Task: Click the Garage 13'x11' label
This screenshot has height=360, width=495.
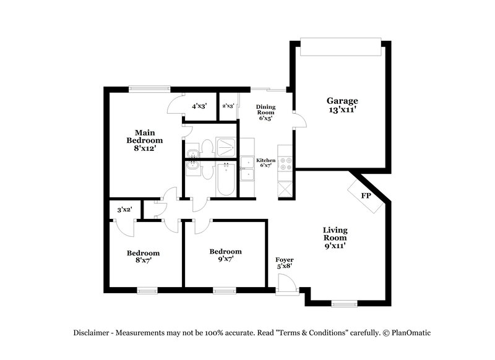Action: click(342, 105)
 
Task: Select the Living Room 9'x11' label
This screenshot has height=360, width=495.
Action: click(334, 238)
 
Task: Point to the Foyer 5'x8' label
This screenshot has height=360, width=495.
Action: click(285, 263)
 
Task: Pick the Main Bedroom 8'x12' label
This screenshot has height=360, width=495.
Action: click(145, 140)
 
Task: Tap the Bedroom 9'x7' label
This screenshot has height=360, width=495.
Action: click(225, 255)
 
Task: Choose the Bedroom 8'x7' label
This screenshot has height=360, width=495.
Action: click(144, 256)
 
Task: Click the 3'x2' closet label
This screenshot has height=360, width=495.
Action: click(125, 210)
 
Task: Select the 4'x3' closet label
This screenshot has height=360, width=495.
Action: click(199, 106)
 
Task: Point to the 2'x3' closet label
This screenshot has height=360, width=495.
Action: click(228, 106)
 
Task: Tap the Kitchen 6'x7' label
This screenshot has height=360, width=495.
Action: click(266, 163)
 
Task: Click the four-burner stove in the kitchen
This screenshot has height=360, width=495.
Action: click(286, 163)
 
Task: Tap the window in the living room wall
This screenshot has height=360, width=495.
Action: click(345, 303)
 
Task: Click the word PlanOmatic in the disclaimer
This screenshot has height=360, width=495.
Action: click(407, 332)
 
